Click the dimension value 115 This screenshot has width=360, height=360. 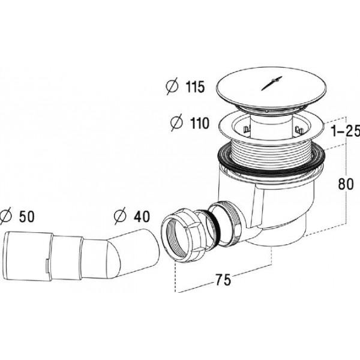[195, 87]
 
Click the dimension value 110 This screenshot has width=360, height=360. [200, 123]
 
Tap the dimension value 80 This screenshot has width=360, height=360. [346, 184]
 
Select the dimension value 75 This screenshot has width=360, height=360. [223, 280]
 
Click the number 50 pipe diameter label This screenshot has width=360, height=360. [27, 216]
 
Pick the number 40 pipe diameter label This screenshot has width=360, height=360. [142, 216]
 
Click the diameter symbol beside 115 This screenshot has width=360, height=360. [172, 86]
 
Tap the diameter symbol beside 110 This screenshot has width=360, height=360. [176, 122]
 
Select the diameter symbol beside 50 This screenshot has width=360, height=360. [5, 216]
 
